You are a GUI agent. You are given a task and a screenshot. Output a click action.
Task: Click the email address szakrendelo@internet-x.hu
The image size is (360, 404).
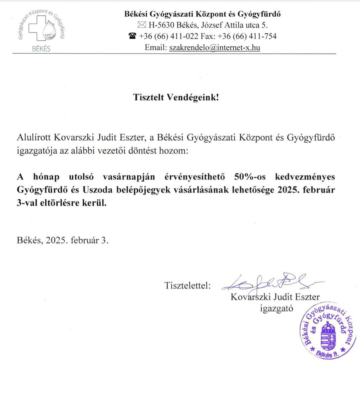[x=215, y=47]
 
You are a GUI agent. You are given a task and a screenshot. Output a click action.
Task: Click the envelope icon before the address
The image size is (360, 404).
[x=142, y=25]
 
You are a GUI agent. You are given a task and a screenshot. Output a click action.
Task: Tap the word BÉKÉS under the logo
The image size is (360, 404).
[x=41, y=49]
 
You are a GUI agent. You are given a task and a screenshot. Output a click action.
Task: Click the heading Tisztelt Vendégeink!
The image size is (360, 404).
[x=176, y=97]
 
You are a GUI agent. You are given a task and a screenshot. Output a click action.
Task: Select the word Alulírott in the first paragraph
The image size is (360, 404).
[x=34, y=137]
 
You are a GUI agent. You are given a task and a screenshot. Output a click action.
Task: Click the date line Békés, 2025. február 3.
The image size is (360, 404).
[x=63, y=240]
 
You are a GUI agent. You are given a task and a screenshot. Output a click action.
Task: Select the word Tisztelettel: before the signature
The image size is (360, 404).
[x=187, y=286]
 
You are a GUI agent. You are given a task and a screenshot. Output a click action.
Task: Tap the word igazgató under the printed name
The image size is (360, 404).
[x=277, y=308]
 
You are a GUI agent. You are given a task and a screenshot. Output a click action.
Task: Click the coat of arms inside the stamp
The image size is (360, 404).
[x=329, y=337]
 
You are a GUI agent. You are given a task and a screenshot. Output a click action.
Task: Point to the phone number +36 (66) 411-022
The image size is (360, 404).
[x=169, y=36]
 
